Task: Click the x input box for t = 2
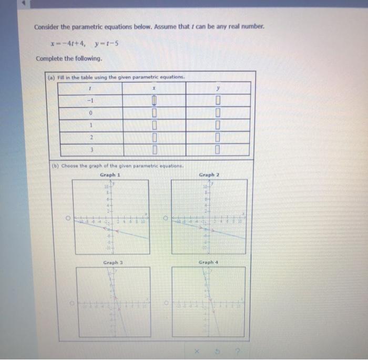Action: click(x=155, y=138)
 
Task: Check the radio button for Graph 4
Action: click(x=166, y=304)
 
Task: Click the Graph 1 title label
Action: click(x=111, y=174)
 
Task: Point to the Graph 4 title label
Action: click(x=209, y=262)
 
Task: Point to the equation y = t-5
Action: click(x=108, y=43)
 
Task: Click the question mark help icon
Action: click(x=239, y=351)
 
